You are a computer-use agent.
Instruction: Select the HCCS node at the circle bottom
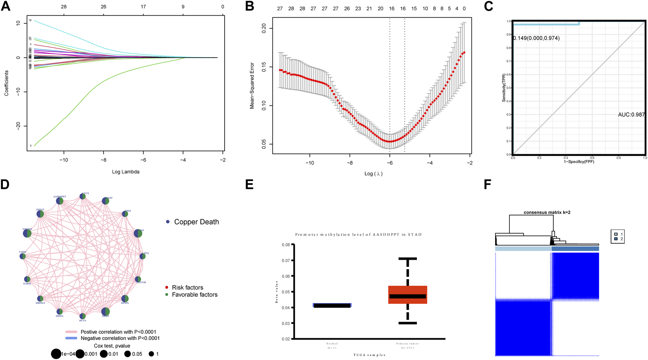[x=83, y=316]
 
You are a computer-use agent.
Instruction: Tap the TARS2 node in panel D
[x=23, y=257]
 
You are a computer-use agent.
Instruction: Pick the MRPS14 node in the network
[x=40, y=299]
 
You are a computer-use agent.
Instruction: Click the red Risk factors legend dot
[x=167, y=288]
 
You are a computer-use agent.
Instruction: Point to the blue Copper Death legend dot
[x=168, y=222]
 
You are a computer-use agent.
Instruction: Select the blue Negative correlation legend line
[x=71, y=338]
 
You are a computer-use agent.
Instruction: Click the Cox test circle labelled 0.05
[x=127, y=354]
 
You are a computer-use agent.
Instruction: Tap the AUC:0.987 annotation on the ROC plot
[x=631, y=115]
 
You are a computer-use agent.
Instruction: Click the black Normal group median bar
[x=332, y=306]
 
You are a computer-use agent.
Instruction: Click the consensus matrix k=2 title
[x=547, y=212]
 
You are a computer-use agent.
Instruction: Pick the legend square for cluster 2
[x=616, y=239]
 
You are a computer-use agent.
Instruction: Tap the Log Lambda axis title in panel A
[x=125, y=171]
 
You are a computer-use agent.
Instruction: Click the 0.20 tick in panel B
[x=264, y=28]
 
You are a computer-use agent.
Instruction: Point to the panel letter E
[x=249, y=185]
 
